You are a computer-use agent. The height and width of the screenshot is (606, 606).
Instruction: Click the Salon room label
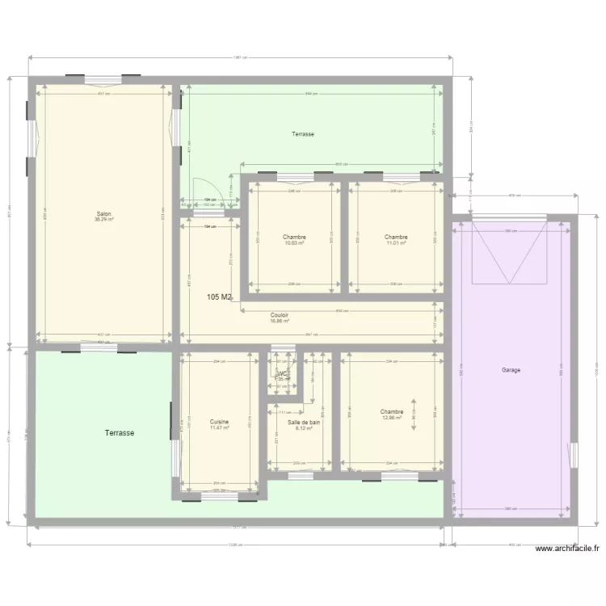tap(103, 214)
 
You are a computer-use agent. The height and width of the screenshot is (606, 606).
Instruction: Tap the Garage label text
tap(511, 370)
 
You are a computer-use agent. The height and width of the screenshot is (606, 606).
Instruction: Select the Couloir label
tap(280, 315)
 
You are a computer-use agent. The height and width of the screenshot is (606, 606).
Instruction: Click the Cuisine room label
tap(219, 422)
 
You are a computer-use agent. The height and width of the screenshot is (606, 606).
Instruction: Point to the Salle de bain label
tap(305, 423)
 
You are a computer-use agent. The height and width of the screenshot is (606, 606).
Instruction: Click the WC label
tap(283, 373)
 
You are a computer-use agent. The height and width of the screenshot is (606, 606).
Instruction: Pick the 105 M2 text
tap(219, 297)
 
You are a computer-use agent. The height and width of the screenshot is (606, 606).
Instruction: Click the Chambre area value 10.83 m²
tap(294, 242)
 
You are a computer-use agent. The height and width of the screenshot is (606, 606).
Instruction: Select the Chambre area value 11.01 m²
tap(395, 242)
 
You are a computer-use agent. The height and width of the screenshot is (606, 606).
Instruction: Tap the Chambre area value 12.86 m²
tap(391, 417)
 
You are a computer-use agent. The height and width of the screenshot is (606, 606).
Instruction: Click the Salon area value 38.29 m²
tap(103, 220)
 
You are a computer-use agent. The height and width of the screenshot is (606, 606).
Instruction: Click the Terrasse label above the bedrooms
tap(303, 134)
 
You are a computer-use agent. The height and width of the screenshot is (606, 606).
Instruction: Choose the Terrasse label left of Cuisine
tap(119, 433)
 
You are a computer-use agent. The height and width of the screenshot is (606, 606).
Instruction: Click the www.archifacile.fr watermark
tap(567, 549)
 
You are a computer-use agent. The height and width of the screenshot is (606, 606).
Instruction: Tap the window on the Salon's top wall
tap(103, 79)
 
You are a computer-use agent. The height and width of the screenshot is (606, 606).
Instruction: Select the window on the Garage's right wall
tap(574, 455)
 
